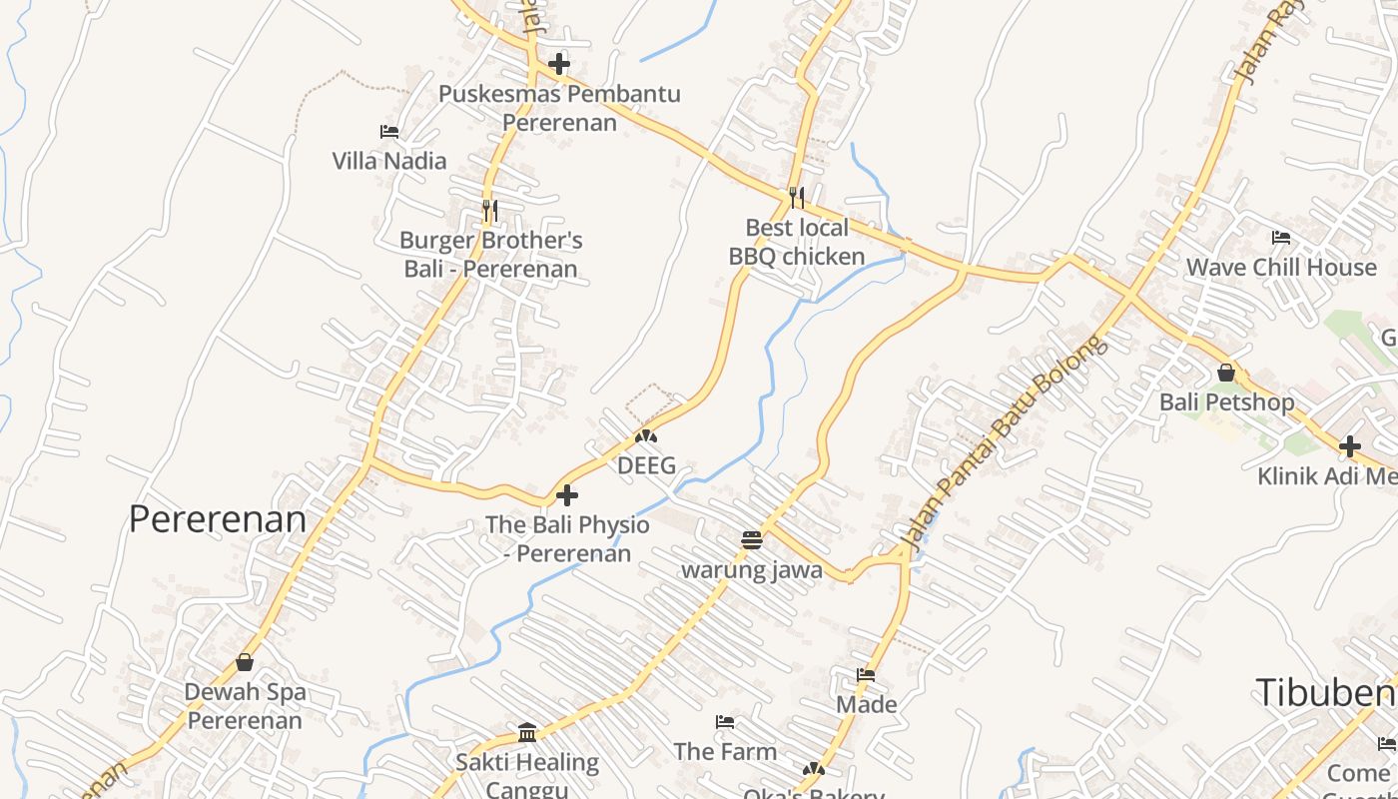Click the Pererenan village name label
click(x=218, y=519)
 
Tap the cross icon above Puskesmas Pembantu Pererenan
click(x=559, y=65)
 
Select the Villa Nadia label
click(x=389, y=161)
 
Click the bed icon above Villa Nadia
click(x=389, y=132)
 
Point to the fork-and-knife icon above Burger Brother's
click(x=489, y=211)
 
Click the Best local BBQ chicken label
click(x=797, y=243)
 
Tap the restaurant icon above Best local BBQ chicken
click(x=796, y=198)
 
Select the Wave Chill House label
click(x=1281, y=268)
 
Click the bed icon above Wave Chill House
click(x=1281, y=238)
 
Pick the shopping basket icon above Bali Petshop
click(x=1226, y=373)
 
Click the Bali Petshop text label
click(x=1226, y=402)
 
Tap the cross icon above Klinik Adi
click(x=1350, y=446)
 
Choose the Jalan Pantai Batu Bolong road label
click(x=1004, y=444)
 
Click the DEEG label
click(x=646, y=465)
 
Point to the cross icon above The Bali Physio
click(x=567, y=495)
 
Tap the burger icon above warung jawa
click(x=752, y=540)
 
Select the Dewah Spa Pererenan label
click(x=245, y=706)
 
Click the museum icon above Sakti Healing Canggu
click(x=527, y=733)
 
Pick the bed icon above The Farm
click(x=725, y=722)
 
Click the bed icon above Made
click(x=866, y=675)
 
